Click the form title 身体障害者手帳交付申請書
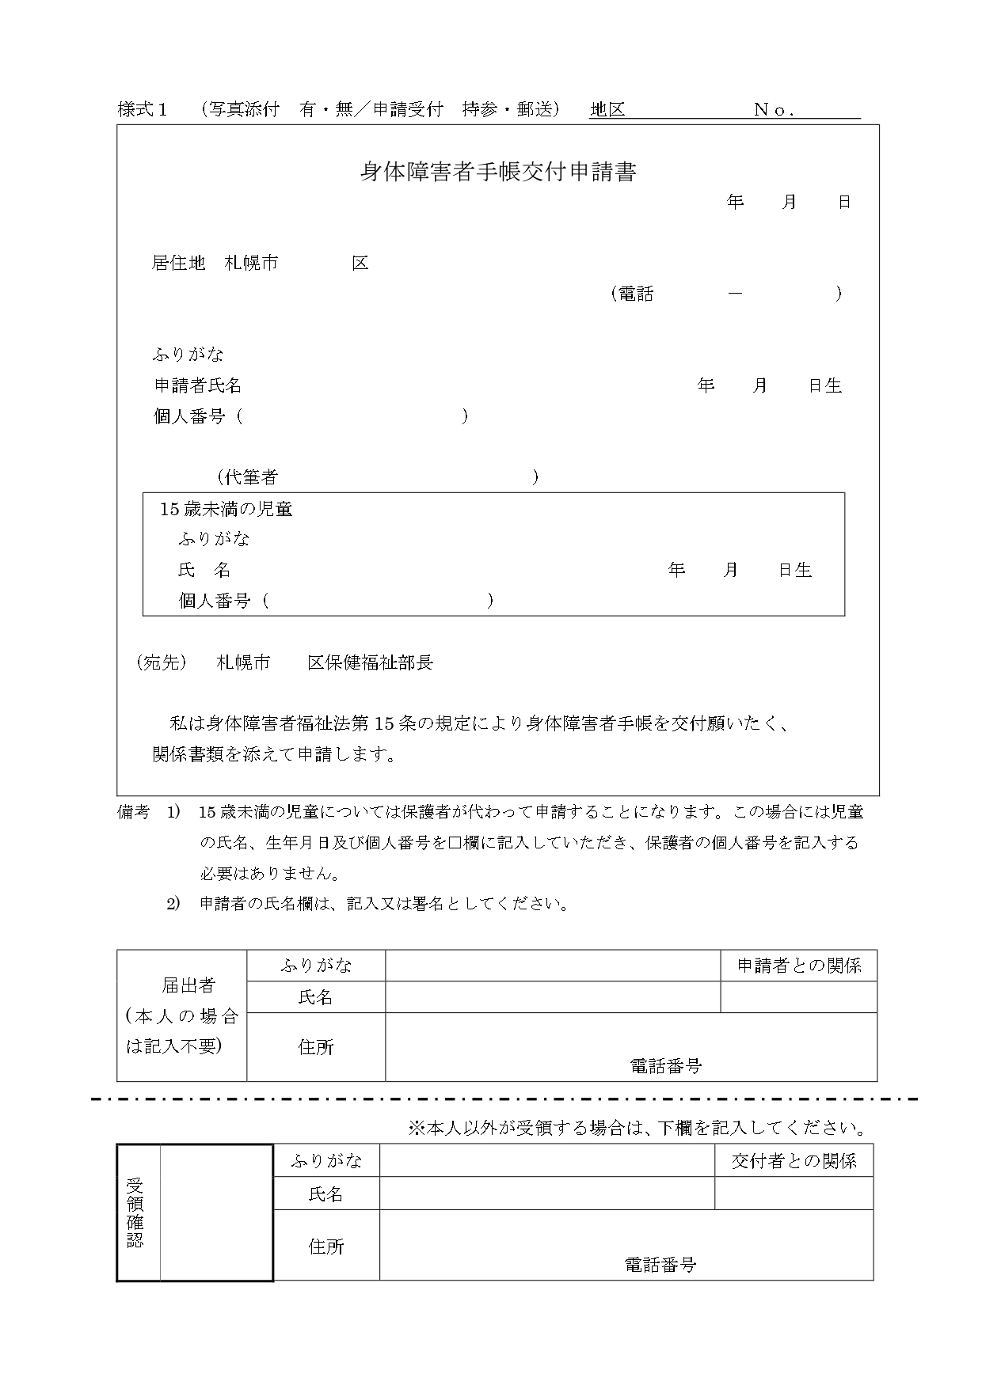[x=498, y=172]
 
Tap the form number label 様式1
[x=143, y=110]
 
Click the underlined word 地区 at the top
[x=607, y=110]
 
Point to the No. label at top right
[x=774, y=111]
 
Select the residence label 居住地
[x=178, y=263]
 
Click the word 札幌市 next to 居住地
[x=251, y=263]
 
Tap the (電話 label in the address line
[x=633, y=294]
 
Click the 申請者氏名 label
[x=197, y=385]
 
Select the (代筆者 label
[x=248, y=477]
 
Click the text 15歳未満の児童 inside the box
[x=226, y=509]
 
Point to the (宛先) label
[x=162, y=662]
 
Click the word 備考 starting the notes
[x=133, y=812]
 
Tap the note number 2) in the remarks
[x=173, y=903]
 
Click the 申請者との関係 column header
[x=798, y=966]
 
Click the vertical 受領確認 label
[x=135, y=1213]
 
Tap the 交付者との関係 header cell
[x=794, y=1161]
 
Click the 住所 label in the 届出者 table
[x=316, y=1047]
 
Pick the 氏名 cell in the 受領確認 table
[x=325, y=1194]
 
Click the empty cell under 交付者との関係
[x=794, y=1194]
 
